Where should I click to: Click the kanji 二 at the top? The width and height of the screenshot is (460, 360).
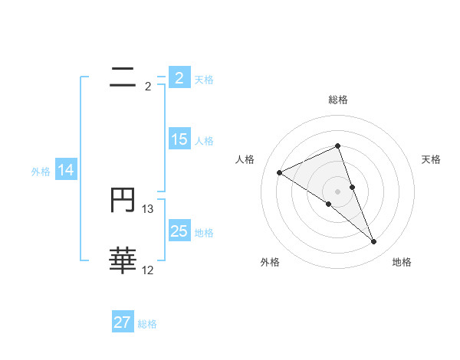(123, 77)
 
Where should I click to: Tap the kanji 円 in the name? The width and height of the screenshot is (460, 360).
(123, 201)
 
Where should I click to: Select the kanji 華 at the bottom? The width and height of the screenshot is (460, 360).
(123, 261)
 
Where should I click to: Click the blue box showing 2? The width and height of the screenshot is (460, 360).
(179, 77)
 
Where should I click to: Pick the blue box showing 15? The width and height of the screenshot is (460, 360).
(179, 139)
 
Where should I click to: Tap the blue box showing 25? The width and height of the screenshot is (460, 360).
(179, 231)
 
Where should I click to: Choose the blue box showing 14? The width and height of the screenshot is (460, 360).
(66, 170)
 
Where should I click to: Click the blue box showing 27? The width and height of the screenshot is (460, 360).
(123, 322)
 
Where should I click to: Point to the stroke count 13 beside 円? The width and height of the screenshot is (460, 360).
(148, 208)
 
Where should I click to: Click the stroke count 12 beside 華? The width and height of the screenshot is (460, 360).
(148, 270)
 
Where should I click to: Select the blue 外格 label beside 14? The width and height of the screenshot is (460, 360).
(41, 172)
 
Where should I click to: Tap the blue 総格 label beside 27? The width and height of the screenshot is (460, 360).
(147, 324)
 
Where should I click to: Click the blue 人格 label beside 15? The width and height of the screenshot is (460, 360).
(204, 141)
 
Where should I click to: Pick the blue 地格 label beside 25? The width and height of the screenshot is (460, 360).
(204, 233)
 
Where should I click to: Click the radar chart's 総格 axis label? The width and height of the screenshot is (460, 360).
(337, 100)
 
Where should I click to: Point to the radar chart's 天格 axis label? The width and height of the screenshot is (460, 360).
(432, 159)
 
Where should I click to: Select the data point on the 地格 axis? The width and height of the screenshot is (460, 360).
(374, 242)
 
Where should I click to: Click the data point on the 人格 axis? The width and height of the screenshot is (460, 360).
(279, 172)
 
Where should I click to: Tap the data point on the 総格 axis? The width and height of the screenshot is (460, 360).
(337, 146)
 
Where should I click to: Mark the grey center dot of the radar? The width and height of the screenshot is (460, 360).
(337, 191)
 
